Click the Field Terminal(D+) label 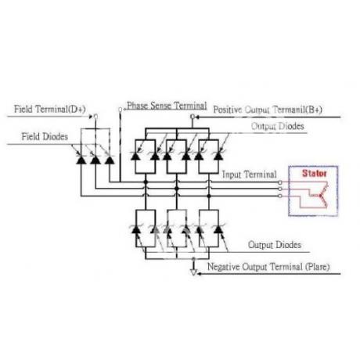tap(50, 109)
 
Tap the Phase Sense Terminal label tap(167, 106)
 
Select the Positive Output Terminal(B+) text tap(268, 110)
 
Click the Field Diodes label tap(45, 136)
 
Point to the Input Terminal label tap(249, 175)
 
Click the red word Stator tap(315, 173)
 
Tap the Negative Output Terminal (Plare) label tap(268, 267)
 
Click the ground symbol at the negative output tap(193, 272)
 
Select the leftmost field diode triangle tap(81, 160)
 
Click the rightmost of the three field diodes tap(110, 160)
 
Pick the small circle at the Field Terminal tap(95, 117)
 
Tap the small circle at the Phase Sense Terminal tap(121, 110)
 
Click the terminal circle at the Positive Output tap(193, 117)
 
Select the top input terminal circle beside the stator tap(280, 182)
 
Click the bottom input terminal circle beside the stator tap(280, 196)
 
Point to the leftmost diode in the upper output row tap(135, 156)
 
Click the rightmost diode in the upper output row tap(218, 156)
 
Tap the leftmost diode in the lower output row tap(135, 229)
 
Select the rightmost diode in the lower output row tap(218, 229)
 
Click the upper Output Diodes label tap(278, 126)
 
